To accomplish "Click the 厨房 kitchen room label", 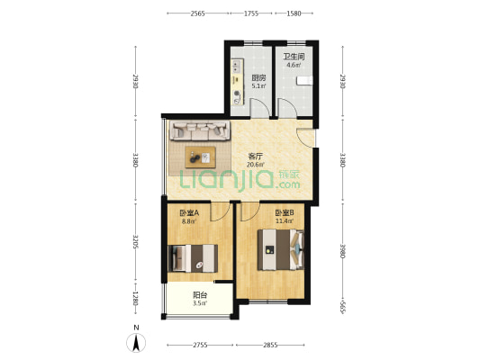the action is coord(258,77).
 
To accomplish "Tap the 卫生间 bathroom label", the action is coord(294,57).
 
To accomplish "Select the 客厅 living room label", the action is coord(255,157).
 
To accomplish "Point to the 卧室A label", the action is coord(189,213).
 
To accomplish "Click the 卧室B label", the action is coord(285,212).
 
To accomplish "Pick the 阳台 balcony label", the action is coord(200,295).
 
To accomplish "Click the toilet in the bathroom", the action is coord(304,80).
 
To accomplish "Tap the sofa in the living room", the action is coord(200,130).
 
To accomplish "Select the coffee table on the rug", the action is coord(200,157).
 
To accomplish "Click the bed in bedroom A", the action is coord(193,258).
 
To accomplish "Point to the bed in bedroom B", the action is coord(281,250).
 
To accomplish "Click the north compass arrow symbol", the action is coord(136,343).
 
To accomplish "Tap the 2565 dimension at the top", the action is coord(197,13).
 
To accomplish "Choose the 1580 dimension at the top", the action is coord(294,13).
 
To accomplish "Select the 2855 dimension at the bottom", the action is coord(270,345).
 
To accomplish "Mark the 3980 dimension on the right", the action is coord(343,251).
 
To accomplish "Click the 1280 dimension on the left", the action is coord(136,299).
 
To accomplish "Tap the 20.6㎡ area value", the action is coord(255,165).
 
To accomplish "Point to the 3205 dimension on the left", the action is coord(136,241).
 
